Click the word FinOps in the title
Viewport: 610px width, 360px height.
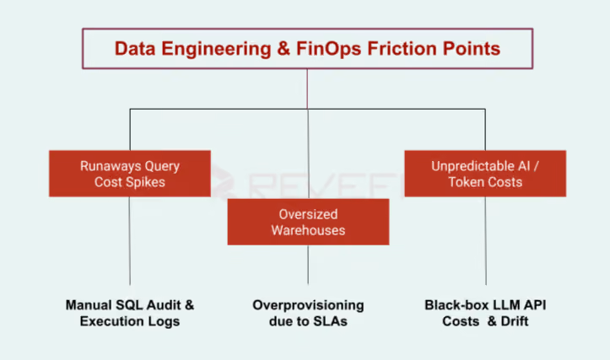[x=329, y=50]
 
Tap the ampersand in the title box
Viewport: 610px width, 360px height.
[x=283, y=49]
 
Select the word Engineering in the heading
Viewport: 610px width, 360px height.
[x=216, y=50]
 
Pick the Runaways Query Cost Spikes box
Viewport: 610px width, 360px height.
[x=130, y=174]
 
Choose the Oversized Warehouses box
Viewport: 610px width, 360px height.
[x=308, y=222]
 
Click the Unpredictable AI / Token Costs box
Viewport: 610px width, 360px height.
[x=485, y=174]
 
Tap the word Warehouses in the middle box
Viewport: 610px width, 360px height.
[x=308, y=230]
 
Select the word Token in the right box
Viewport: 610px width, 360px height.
[x=464, y=182]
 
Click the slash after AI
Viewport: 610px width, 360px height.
[x=536, y=166]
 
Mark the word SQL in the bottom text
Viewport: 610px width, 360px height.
[x=131, y=305]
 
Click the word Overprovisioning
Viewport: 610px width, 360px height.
[x=308, y=305]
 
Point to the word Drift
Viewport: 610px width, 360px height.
[x=515, y=321]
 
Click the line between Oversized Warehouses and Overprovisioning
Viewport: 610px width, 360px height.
[x=308, y=265]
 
